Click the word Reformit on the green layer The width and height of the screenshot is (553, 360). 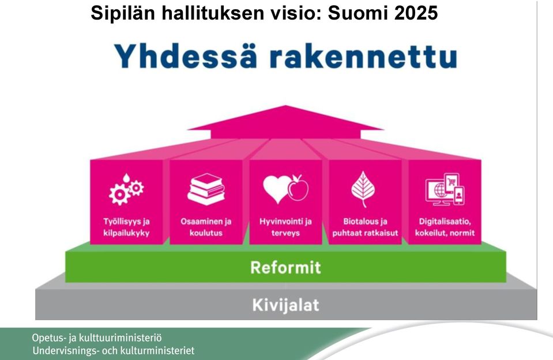click(x=285, y=268)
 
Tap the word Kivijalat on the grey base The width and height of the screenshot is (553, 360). click(x=285, y=305)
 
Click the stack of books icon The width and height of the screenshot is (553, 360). click(x=206, y=189)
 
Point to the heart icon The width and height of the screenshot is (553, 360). click(x=277, y=189)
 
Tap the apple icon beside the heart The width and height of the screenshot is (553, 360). click(x=298, y=187)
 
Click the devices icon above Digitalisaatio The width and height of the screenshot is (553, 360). click(x=445, y=189)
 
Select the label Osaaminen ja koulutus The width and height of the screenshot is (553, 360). click(x=206, y=227)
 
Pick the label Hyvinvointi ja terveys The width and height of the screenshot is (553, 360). click(x=285, y=227)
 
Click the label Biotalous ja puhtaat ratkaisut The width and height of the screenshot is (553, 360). click(x=365, y=227)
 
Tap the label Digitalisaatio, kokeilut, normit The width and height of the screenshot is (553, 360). click(x=445, y=227)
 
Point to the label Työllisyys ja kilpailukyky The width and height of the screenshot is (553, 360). click(x=126, y=227)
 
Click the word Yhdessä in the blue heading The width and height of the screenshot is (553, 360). click(x=186, y=56)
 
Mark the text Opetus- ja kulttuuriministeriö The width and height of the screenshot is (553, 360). click(x=97, y=337)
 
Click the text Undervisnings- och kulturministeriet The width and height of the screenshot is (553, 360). click(x=113, y=351)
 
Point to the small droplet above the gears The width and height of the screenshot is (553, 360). click(x=126, y=177)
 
